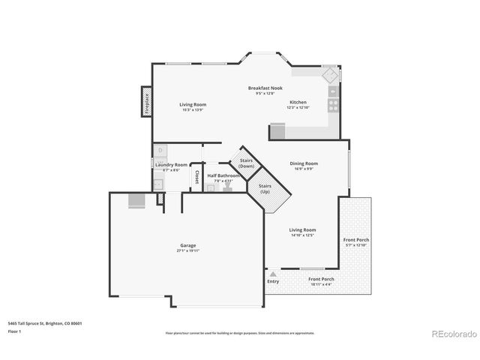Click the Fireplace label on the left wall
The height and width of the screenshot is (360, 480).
click(146, 102)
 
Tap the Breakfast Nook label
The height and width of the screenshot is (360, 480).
click(265, 88)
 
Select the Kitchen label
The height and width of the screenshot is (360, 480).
click(298, 102)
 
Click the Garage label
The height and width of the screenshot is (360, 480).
click(187, 245)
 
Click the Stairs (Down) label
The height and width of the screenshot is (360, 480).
click(246, 163)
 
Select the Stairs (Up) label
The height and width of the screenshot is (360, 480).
click(265, 188)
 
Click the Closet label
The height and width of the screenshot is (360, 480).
click(196, 176)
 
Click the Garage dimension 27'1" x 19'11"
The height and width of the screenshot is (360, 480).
click(187, 251)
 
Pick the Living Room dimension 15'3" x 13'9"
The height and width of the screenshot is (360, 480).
click(193, 110)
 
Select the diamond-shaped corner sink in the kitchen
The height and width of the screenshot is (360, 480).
click(329, 76)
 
